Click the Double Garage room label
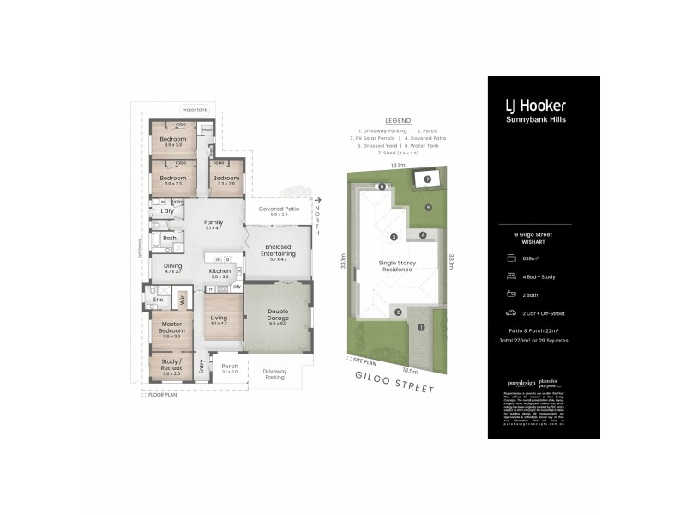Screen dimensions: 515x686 pos(277,316)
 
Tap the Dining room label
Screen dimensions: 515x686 pos(172,268)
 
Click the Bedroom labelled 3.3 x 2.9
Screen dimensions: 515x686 pos(228,180)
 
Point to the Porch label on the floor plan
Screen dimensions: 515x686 pos(228,367)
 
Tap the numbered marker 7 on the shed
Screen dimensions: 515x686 pos(426,179)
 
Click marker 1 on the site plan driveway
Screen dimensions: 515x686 pos(421,327)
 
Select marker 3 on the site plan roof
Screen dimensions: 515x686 pos(394,236)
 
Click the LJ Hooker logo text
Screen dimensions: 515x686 pos(534,106)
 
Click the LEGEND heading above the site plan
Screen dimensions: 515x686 pos(398,121)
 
